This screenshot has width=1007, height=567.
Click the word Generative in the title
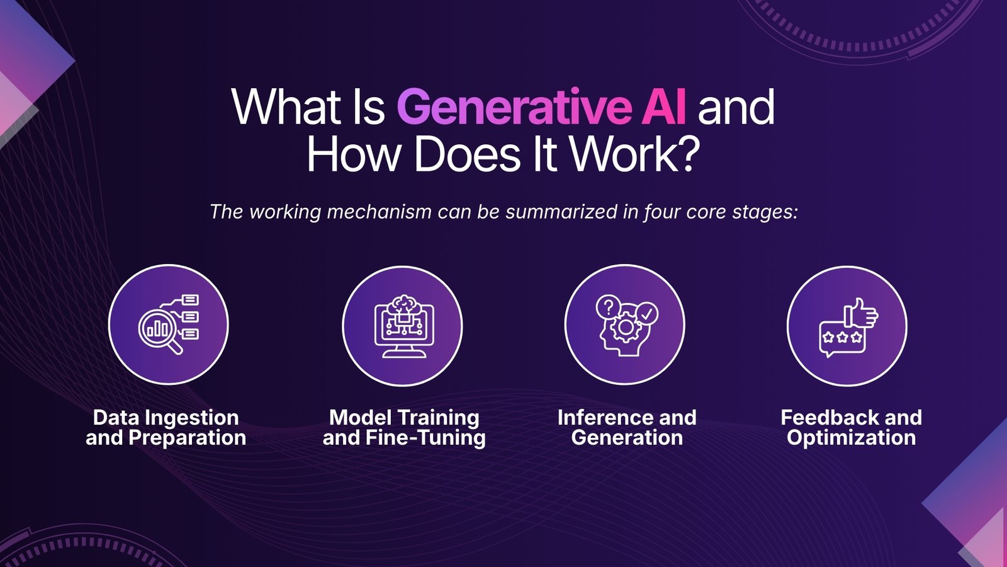514,107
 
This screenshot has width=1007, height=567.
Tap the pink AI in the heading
663,107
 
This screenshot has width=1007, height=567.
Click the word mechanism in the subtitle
380,212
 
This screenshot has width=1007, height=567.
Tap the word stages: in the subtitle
766,212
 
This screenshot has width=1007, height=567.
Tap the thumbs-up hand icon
862,312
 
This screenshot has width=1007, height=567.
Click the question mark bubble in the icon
607,307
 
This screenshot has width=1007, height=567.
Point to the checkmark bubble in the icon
647,312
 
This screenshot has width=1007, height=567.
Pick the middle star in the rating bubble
842,338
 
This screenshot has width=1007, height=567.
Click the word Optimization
851,438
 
